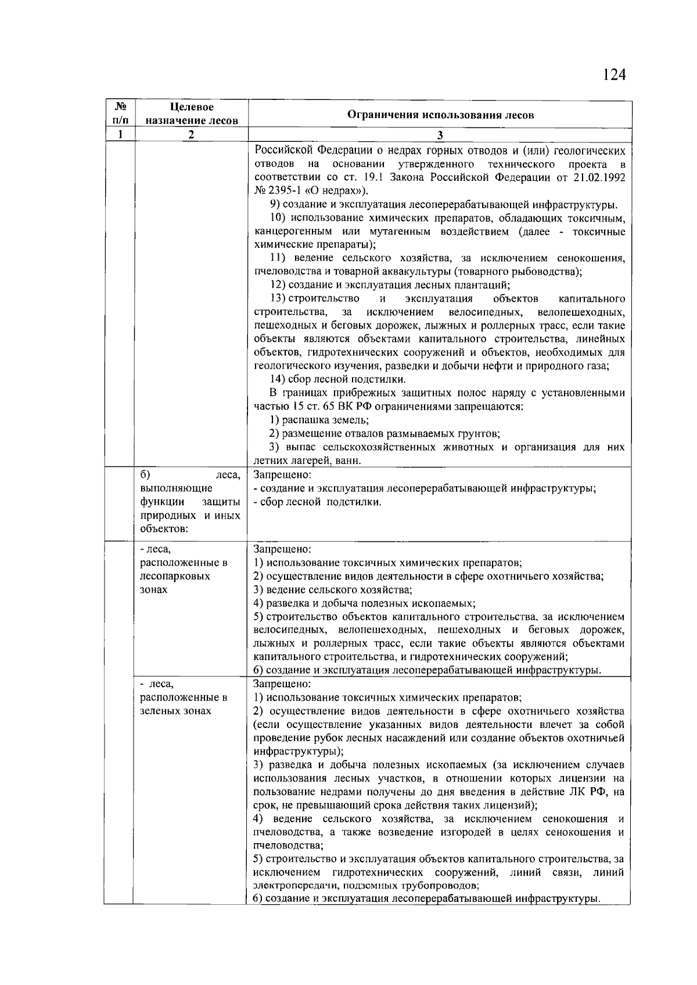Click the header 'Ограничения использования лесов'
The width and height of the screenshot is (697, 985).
pyautogui.click(x=440, y=115)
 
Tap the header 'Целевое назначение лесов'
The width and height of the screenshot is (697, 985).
pyautogui.click(x=192, y=114)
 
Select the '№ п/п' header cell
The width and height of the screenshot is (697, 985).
pyautogui.click(x=120, y=114)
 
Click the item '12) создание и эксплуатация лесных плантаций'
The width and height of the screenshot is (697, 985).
pyautogui.click(x=390, y=285)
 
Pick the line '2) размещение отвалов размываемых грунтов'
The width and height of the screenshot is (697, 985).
pyautogui.click(x=385, y=434)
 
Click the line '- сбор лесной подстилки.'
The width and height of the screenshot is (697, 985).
pyautogui.click(x=318, y=502)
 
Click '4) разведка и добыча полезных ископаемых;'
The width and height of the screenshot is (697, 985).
pyautogui.click(x=365, y=604)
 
